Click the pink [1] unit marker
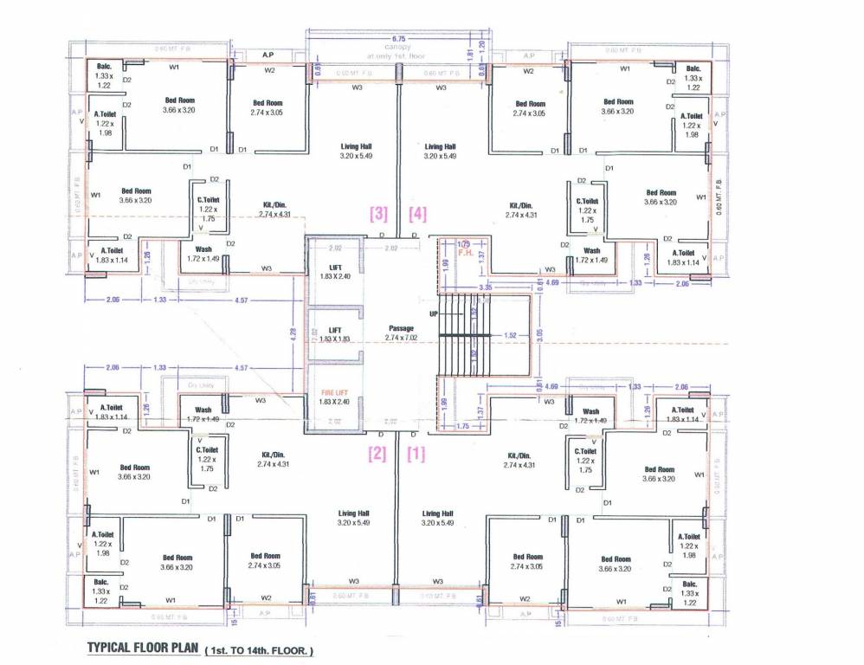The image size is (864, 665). [416, 454]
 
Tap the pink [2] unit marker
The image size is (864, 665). [377, 454]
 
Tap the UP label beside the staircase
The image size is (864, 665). [433, 314]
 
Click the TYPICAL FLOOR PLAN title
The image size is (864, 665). [143, 648]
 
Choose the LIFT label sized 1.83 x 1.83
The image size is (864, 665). [334, 330]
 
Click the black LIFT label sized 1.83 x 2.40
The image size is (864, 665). [334, 268]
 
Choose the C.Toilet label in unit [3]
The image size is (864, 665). [208, 200]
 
